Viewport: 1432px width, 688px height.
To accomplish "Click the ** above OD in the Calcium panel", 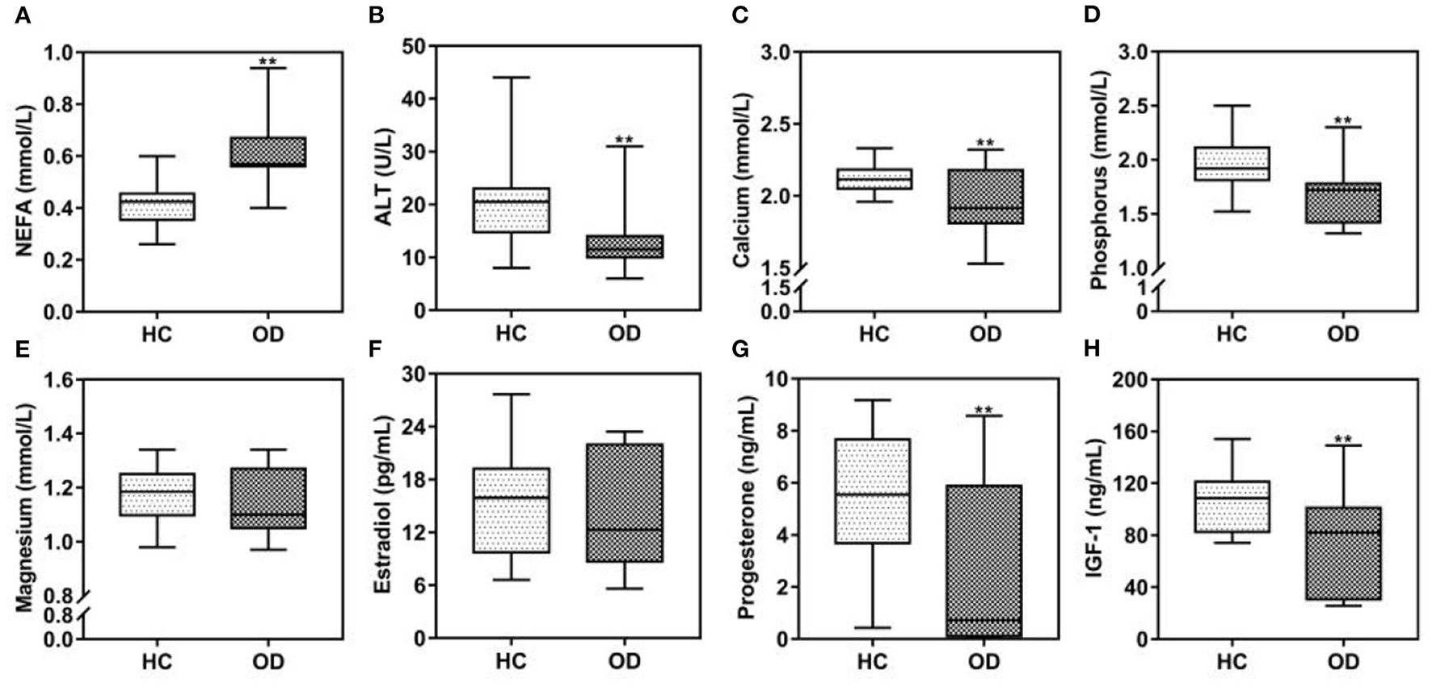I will pyautogui.click(x=984, y=144).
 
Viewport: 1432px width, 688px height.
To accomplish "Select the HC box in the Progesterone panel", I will pyautogui.click(x=873, y=491).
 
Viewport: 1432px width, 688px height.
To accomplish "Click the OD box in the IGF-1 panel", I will pyautogui.click(x=1343, y=553).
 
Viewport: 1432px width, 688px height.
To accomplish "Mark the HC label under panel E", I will pyautogui.click(x=158, y=661).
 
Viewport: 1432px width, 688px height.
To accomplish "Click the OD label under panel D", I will pyautogui.click(x=1343, y=333).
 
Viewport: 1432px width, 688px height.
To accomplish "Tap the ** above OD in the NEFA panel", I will pyautogui.click(x=267, y=61).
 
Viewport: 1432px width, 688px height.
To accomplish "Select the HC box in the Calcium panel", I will pyautogui.click(x=874, y=179).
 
